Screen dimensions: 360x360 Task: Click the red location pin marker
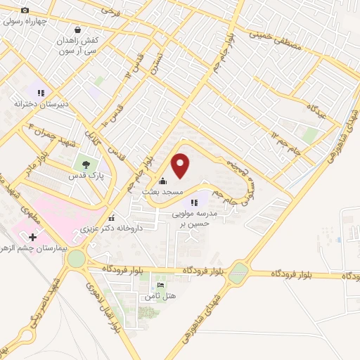(x=181, y=165)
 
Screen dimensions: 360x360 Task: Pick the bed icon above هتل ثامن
(x=161, y=285)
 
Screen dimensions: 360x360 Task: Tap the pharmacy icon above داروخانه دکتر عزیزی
(x=112, y=217)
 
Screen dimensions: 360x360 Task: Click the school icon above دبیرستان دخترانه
(x=41, y=92)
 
